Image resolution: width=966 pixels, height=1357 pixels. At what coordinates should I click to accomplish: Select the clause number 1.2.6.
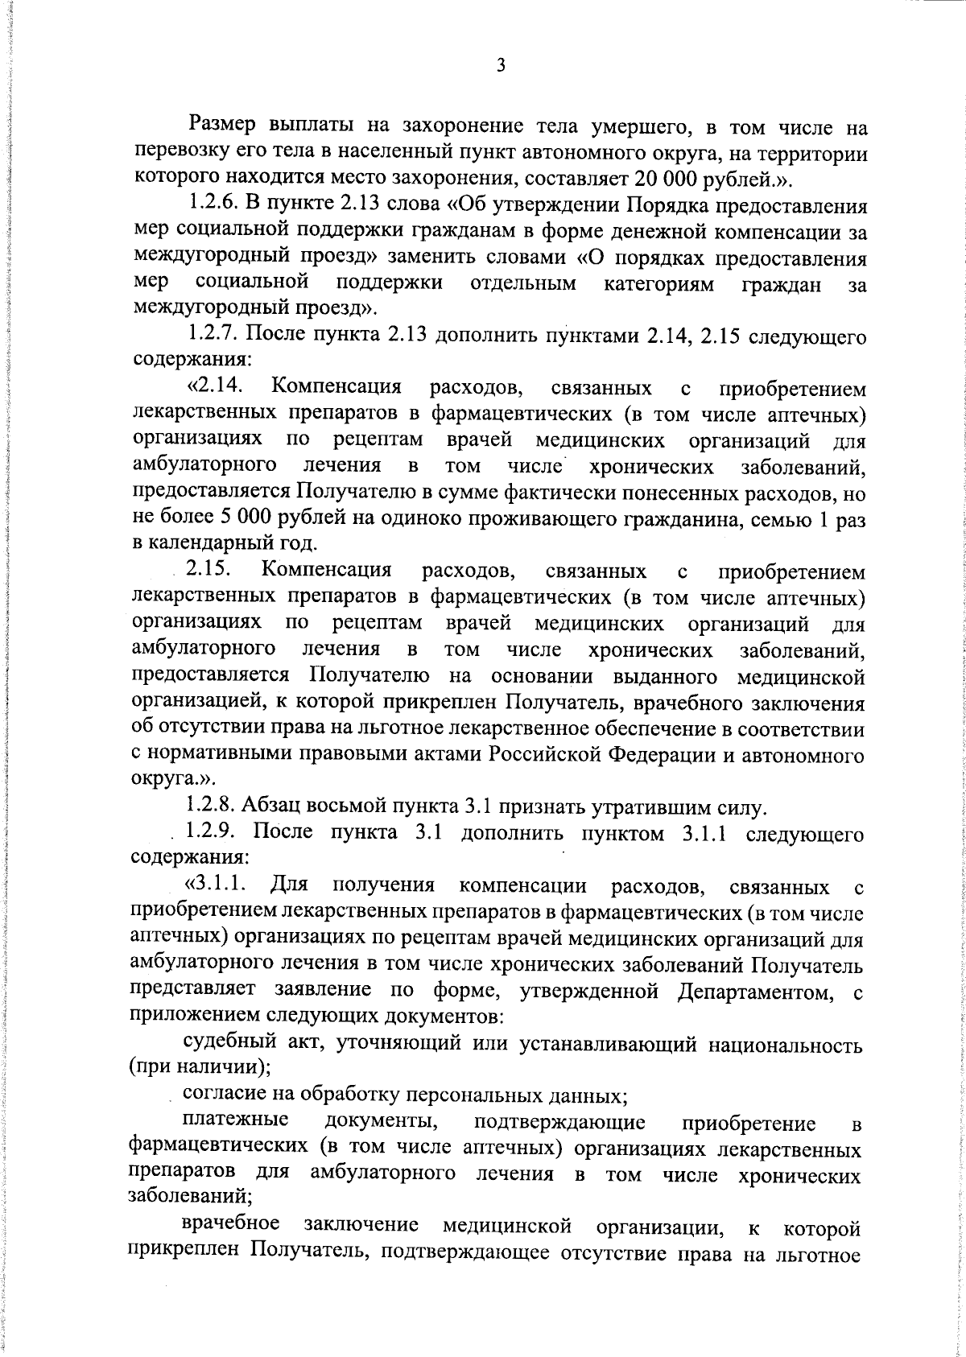click(215, 206)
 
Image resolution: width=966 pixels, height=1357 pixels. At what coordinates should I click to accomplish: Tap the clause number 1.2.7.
click(215, 336)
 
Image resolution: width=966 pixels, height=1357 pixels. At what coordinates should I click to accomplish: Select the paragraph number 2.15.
click(208, 571)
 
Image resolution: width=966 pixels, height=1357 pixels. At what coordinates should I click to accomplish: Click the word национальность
click(785, 1045)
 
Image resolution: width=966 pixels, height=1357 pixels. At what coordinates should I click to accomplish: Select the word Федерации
click(659, 755)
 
